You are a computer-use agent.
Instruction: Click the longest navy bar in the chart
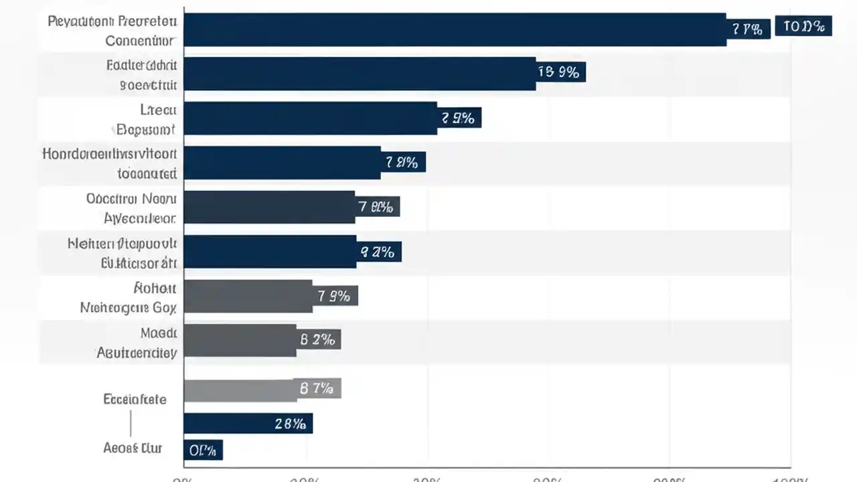[x=455, y=30]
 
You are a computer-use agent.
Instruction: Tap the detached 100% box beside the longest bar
[x=803, y=27]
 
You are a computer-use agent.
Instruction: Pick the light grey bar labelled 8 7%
[x=241, y=390]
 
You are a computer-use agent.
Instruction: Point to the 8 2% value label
[x=318, y=339]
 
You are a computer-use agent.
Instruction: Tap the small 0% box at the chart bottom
[x=203, y=451]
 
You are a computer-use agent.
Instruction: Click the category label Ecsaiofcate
[x=135, y=399]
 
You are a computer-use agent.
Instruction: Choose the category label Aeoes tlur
[x=133, y=448]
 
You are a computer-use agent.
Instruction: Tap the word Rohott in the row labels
[x=155, y=288]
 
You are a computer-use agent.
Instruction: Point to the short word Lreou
[x=158, y=109]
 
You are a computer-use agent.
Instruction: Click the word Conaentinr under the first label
[x=141, y=40]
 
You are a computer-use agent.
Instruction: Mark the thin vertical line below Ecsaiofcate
[x=131, y=424]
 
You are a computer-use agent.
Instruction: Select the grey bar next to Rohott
[x=248, y=296]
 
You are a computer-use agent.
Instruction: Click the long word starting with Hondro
[x=109, y=153]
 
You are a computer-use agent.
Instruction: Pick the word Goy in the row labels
[x=164, y=308]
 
